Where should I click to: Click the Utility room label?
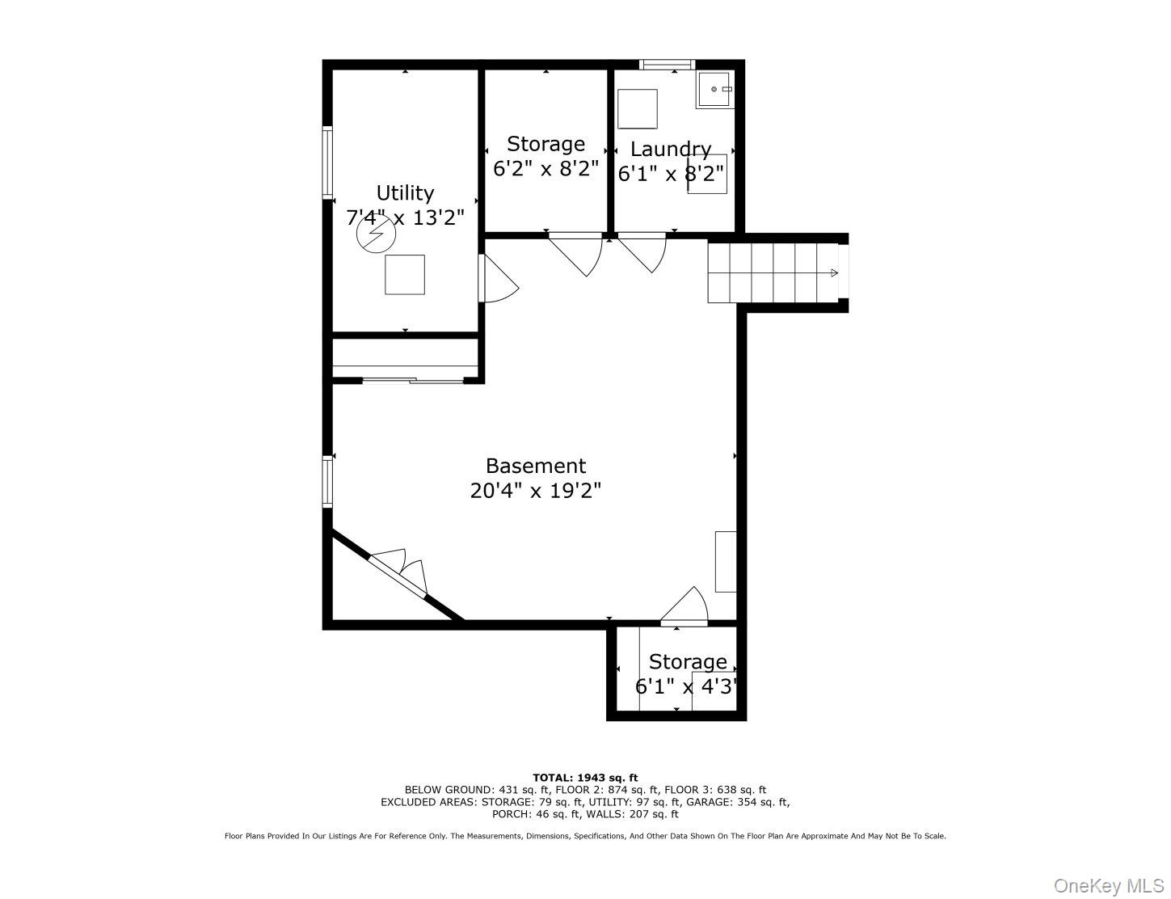[x=405, y=193]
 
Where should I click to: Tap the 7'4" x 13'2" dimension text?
[x=405, y=217]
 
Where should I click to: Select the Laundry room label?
[x=670, y=150]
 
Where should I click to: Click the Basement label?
[x=535, y=466]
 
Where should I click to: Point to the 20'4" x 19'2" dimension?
[x=535, y=491]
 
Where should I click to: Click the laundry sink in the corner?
[x=715, y=89]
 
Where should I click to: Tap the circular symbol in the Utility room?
[x=377, y=235]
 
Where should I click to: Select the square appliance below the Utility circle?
[x=404, y=274]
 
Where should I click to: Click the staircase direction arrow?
[x=833, y=273]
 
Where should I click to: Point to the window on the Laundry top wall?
[x=667, y=65]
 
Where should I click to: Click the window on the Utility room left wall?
[x=327, y=162]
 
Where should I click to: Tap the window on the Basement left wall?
[x=327, y=482]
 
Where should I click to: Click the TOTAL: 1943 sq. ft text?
[x=585, y=778]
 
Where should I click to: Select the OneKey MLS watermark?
[x=1109, y=886]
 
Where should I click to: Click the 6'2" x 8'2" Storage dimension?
[x=545, y=169]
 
